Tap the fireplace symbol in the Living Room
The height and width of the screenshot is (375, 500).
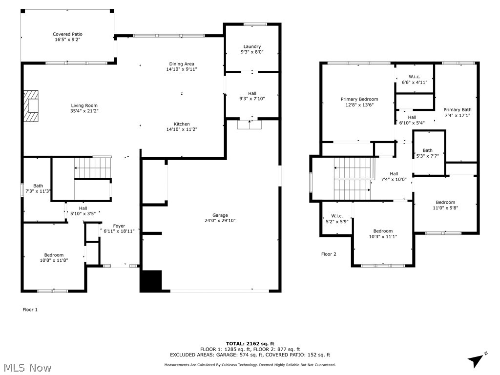click(33, 105)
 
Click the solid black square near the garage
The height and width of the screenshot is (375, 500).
click(151, 281)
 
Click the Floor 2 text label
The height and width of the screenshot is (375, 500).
click(329, 254)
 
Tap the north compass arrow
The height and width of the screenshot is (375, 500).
click(477, 360)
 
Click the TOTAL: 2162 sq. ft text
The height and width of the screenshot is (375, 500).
click(250, 343)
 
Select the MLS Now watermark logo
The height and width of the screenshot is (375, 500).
click(27, 367)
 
